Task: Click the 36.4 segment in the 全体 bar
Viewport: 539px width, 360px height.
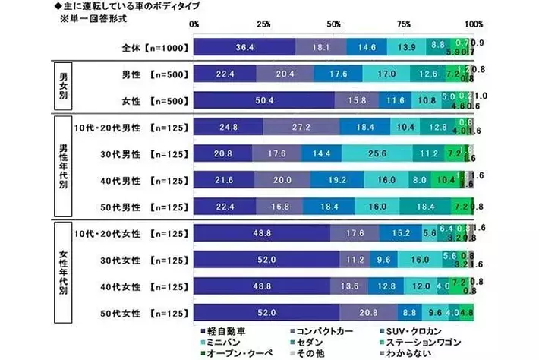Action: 244,47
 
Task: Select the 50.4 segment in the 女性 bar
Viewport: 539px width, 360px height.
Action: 264,99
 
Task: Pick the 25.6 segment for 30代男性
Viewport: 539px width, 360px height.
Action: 377,153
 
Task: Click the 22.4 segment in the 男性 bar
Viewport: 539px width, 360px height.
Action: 225,74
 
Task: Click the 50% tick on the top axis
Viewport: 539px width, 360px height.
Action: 335,24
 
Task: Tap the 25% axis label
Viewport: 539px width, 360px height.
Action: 263,24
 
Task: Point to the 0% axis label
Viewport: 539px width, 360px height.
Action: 194,24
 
